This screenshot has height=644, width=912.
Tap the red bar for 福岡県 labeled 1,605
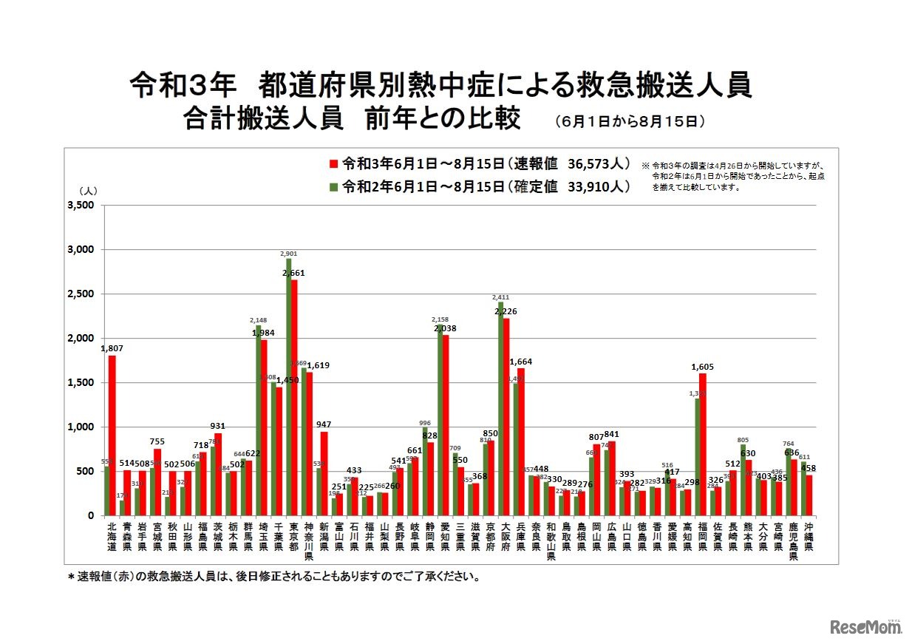(702, 444)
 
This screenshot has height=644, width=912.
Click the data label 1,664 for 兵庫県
(520, 362)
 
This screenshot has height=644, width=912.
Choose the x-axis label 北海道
(111, 537)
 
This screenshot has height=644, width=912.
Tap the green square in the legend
(333, 186)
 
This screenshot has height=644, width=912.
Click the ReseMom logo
(865, 627)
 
